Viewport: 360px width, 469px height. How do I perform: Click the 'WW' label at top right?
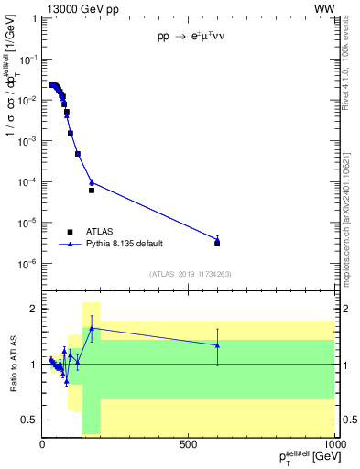point(324,8)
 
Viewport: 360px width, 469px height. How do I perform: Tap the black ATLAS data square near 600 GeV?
point(217,243)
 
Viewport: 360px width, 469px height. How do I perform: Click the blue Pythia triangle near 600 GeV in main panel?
point(217,240)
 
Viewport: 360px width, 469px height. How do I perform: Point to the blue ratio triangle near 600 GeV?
point(217,345)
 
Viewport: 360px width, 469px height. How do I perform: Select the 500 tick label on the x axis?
point(189,444)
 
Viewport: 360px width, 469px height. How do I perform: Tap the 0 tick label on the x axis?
point(43,444)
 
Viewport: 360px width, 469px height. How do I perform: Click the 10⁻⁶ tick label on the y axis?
point(28,264)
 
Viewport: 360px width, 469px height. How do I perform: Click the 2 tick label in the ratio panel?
point(34,309)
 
